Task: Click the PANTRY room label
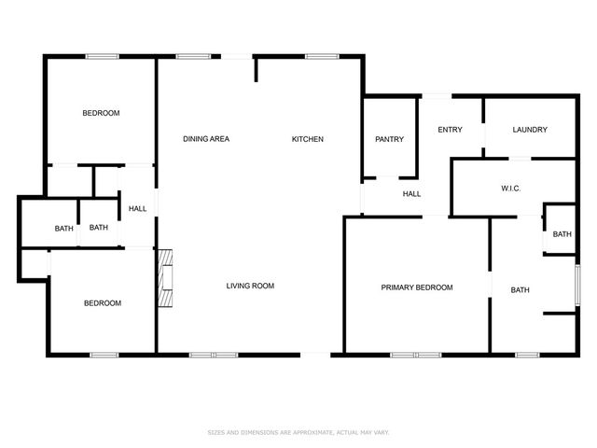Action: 389,139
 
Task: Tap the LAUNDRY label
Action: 530,130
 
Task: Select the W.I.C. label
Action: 510,189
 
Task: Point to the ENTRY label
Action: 450,130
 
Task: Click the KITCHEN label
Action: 308,139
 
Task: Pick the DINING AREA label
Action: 206,139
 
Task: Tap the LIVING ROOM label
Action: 250,286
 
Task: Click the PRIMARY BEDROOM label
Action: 417,287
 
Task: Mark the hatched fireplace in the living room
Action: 165,278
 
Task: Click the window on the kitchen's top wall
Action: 322,56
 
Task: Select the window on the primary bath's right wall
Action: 577,285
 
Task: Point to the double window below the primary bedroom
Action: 416,355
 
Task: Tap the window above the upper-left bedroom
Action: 102,56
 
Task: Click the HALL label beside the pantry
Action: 411,194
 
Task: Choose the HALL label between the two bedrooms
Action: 137,209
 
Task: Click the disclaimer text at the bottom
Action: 298,432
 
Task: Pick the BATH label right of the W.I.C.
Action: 562,234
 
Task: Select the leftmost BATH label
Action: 64,229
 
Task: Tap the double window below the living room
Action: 214,355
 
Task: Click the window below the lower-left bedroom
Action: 104,355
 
